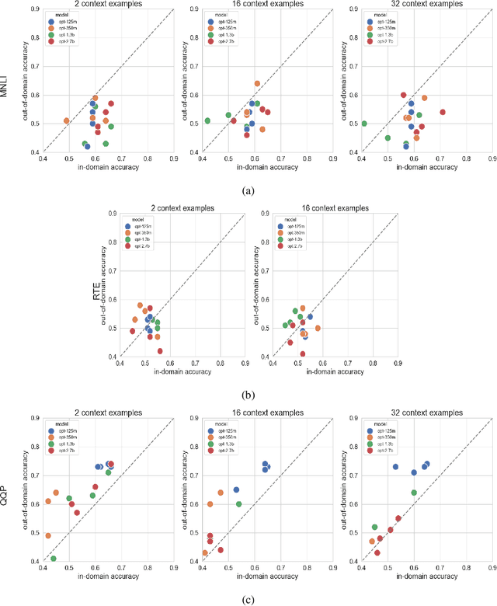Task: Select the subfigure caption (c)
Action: [x=248, y=599]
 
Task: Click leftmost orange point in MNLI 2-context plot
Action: [x=67, y=120]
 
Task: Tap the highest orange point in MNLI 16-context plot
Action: [x=257, y=83]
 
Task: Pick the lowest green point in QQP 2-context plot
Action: [x=54, y=559]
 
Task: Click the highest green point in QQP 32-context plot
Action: [x=414, y=493]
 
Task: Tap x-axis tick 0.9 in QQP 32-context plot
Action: [x=492, y=568]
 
